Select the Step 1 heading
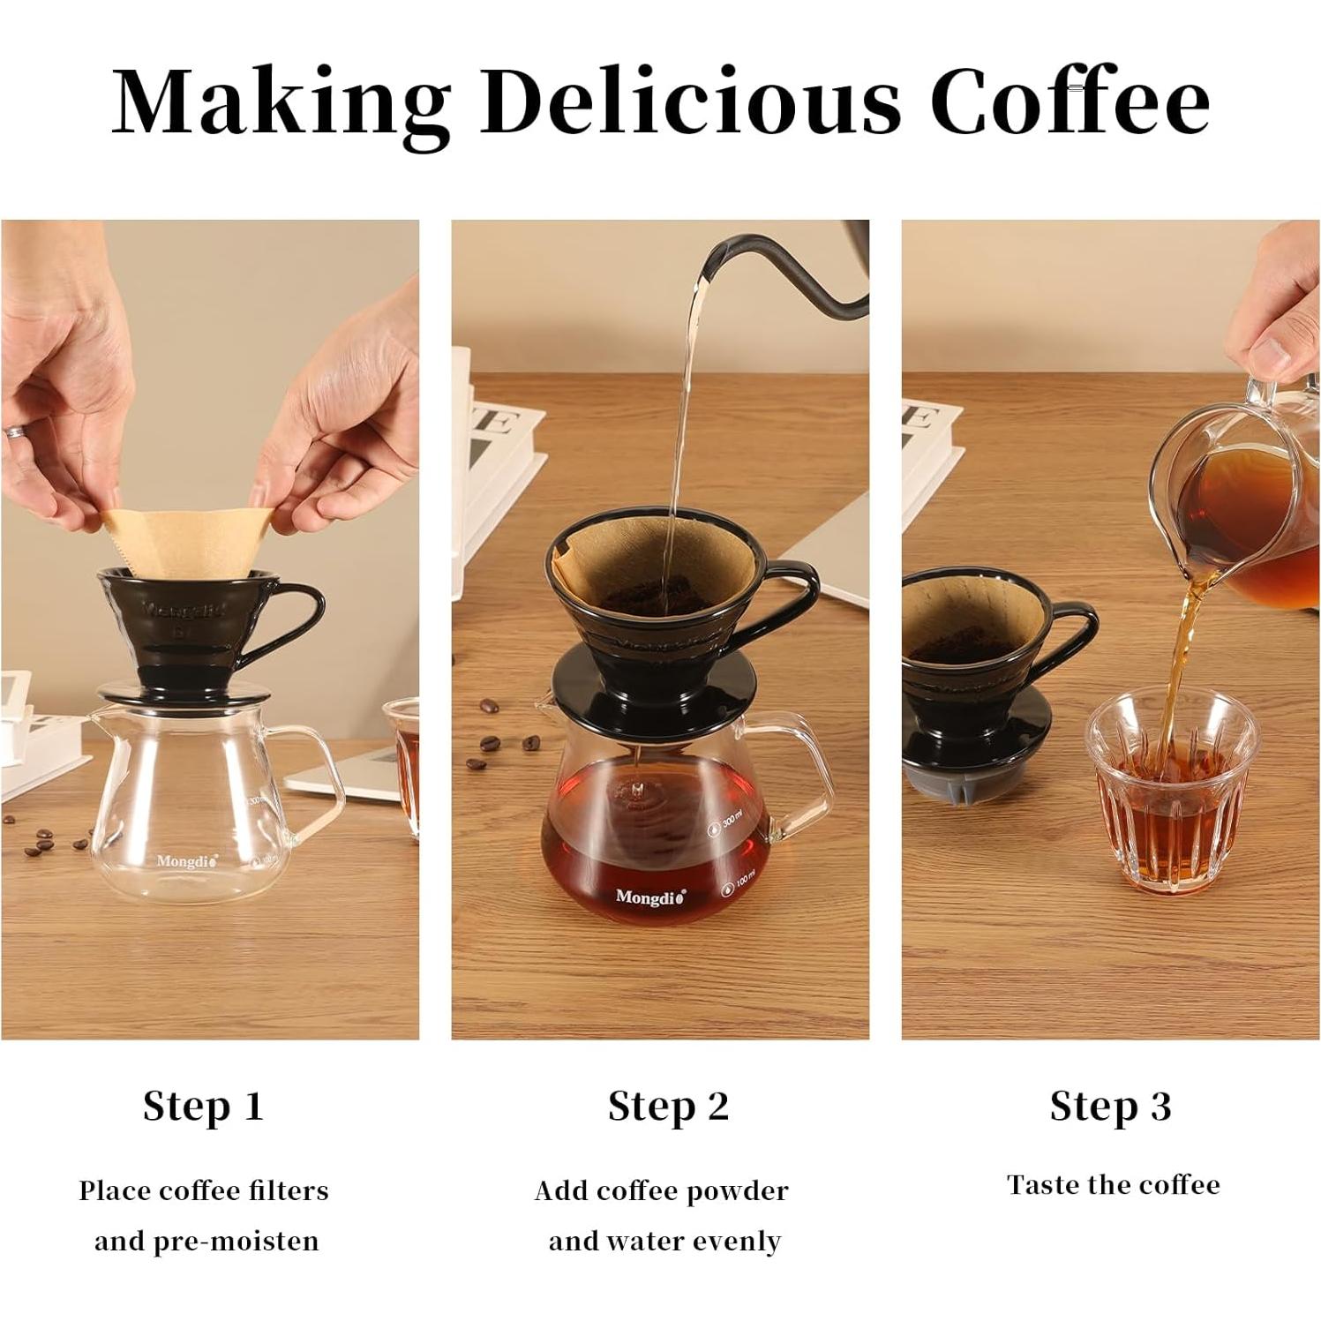[x=204, y=1107]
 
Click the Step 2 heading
[x=669, y=1107]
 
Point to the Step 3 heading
[x=1111, y=1107]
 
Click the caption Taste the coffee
[x=1114, y=1184]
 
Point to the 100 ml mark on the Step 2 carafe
[x=739, y=885]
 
